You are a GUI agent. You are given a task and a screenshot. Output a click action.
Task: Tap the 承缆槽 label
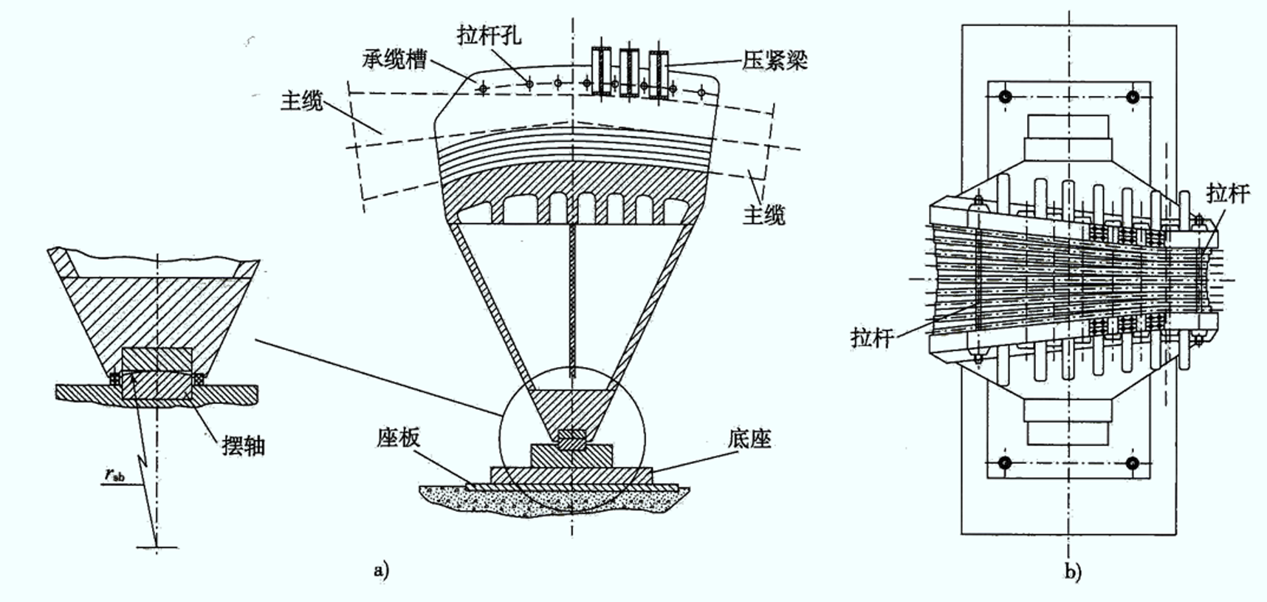[395, 60]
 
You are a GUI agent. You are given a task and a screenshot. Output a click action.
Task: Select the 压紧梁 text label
[775, 61]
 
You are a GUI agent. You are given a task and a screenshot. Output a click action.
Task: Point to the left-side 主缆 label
[303, 101]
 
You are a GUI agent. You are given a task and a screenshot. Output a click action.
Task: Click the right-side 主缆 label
[764, 215]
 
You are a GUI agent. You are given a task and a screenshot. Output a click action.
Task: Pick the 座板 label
[397, 438]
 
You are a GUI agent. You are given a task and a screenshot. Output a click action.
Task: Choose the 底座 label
[749, 439]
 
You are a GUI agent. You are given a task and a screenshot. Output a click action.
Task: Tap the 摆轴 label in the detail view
[243, 445]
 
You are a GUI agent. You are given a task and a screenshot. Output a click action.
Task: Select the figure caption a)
[381, 569]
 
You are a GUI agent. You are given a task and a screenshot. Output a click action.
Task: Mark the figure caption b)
[1072, 572]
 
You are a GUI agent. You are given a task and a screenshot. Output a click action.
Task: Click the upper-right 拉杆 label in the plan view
[1228, 194]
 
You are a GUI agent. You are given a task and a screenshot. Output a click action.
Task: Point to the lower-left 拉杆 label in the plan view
[871, 338]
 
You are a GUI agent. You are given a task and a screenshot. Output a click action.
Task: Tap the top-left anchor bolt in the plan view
[1004, 97]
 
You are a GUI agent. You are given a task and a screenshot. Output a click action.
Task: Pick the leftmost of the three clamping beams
[602, 71]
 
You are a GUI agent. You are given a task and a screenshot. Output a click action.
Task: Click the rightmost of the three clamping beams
[659, 73]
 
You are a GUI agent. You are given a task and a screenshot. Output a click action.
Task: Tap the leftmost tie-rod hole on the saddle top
[483, 89]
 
